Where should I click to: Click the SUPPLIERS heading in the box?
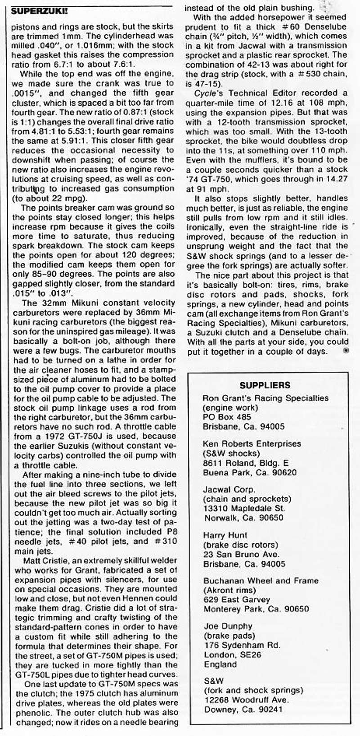tap(265, 385)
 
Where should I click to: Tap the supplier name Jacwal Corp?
tap(229, 489)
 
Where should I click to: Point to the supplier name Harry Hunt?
tap(225, 536)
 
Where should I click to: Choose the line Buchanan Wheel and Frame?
tap(261, 581)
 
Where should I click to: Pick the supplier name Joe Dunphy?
tap(228, 627)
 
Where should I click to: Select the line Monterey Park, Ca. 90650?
tap(256, 609)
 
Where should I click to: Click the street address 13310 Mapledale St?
tap(244, 508)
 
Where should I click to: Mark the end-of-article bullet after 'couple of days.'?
tap(345, 351)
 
